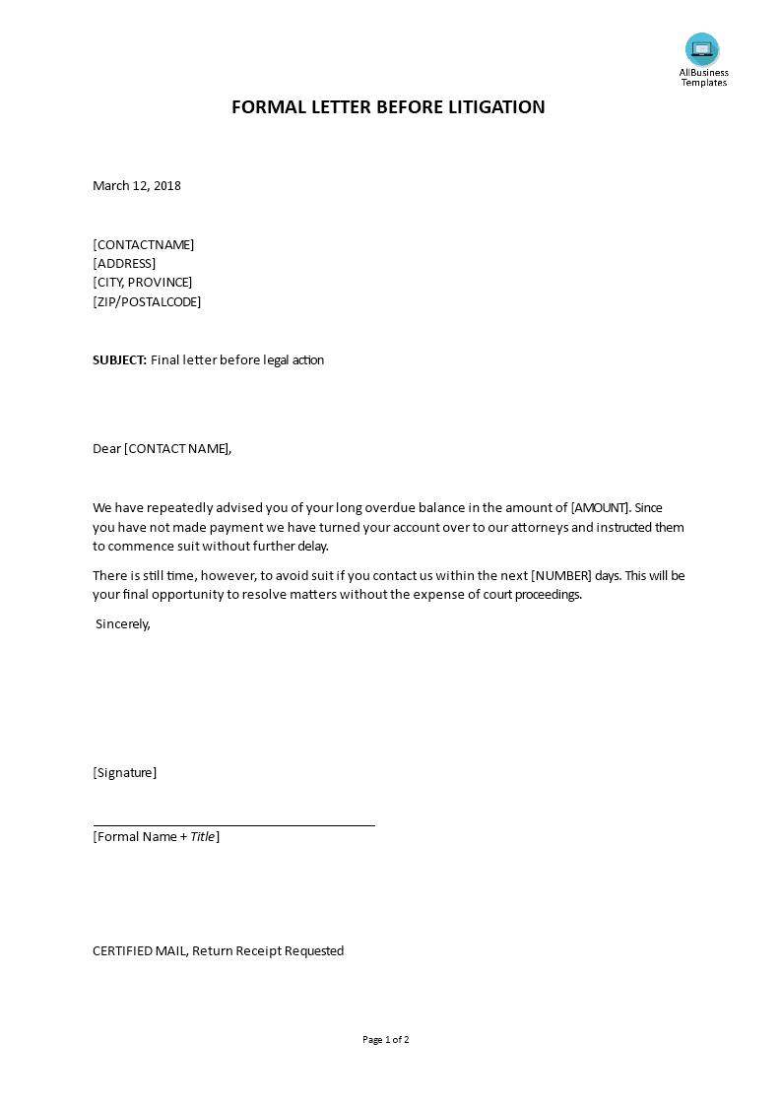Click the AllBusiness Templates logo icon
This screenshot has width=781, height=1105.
click(x=702, y=49)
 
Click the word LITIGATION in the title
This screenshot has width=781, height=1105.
click(x=497, y=107)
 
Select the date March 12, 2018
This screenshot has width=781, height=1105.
click(x=137, y=186)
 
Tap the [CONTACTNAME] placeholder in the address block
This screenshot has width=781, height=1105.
click(x=144, y=245)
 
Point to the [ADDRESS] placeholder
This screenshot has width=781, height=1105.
click(x=124, y=264)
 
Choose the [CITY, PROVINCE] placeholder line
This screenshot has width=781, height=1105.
click(x=143, y=283)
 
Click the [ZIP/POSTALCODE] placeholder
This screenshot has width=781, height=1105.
click(x=147, y=302)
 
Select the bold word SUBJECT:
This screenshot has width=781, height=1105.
click(x=119, y=360)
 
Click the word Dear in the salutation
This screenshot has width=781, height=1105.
click(x=106, y=449)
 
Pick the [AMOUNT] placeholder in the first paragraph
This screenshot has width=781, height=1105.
click(x=600, y=508)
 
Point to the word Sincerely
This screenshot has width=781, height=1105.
click(x=123, y=624)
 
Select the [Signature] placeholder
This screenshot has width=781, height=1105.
click(x=125, y=773)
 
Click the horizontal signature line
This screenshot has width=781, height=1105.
click(x=234, y=825)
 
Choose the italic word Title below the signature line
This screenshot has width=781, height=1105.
click(x=202, y=837)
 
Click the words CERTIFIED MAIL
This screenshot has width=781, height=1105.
click(x=140, y=951)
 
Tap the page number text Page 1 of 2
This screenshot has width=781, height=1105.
click(x=386, y=1040)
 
